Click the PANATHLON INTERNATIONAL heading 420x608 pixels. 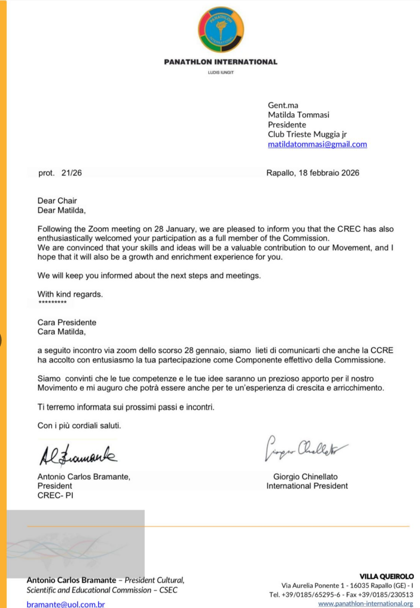221,62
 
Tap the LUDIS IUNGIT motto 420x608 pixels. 221,73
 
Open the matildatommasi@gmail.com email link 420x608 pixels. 317,144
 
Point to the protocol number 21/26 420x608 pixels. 72,173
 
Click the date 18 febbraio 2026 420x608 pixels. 329,173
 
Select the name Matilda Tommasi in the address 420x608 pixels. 298,115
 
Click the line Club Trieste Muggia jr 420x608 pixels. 307,134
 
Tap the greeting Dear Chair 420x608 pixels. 57,200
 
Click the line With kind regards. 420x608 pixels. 70,294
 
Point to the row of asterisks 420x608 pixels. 52,302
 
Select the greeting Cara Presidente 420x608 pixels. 67,322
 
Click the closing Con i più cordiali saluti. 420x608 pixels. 79,425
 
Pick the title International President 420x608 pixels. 307,486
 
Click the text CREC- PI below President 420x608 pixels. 55,496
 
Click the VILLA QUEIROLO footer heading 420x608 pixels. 386,576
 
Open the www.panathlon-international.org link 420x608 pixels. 365,604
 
